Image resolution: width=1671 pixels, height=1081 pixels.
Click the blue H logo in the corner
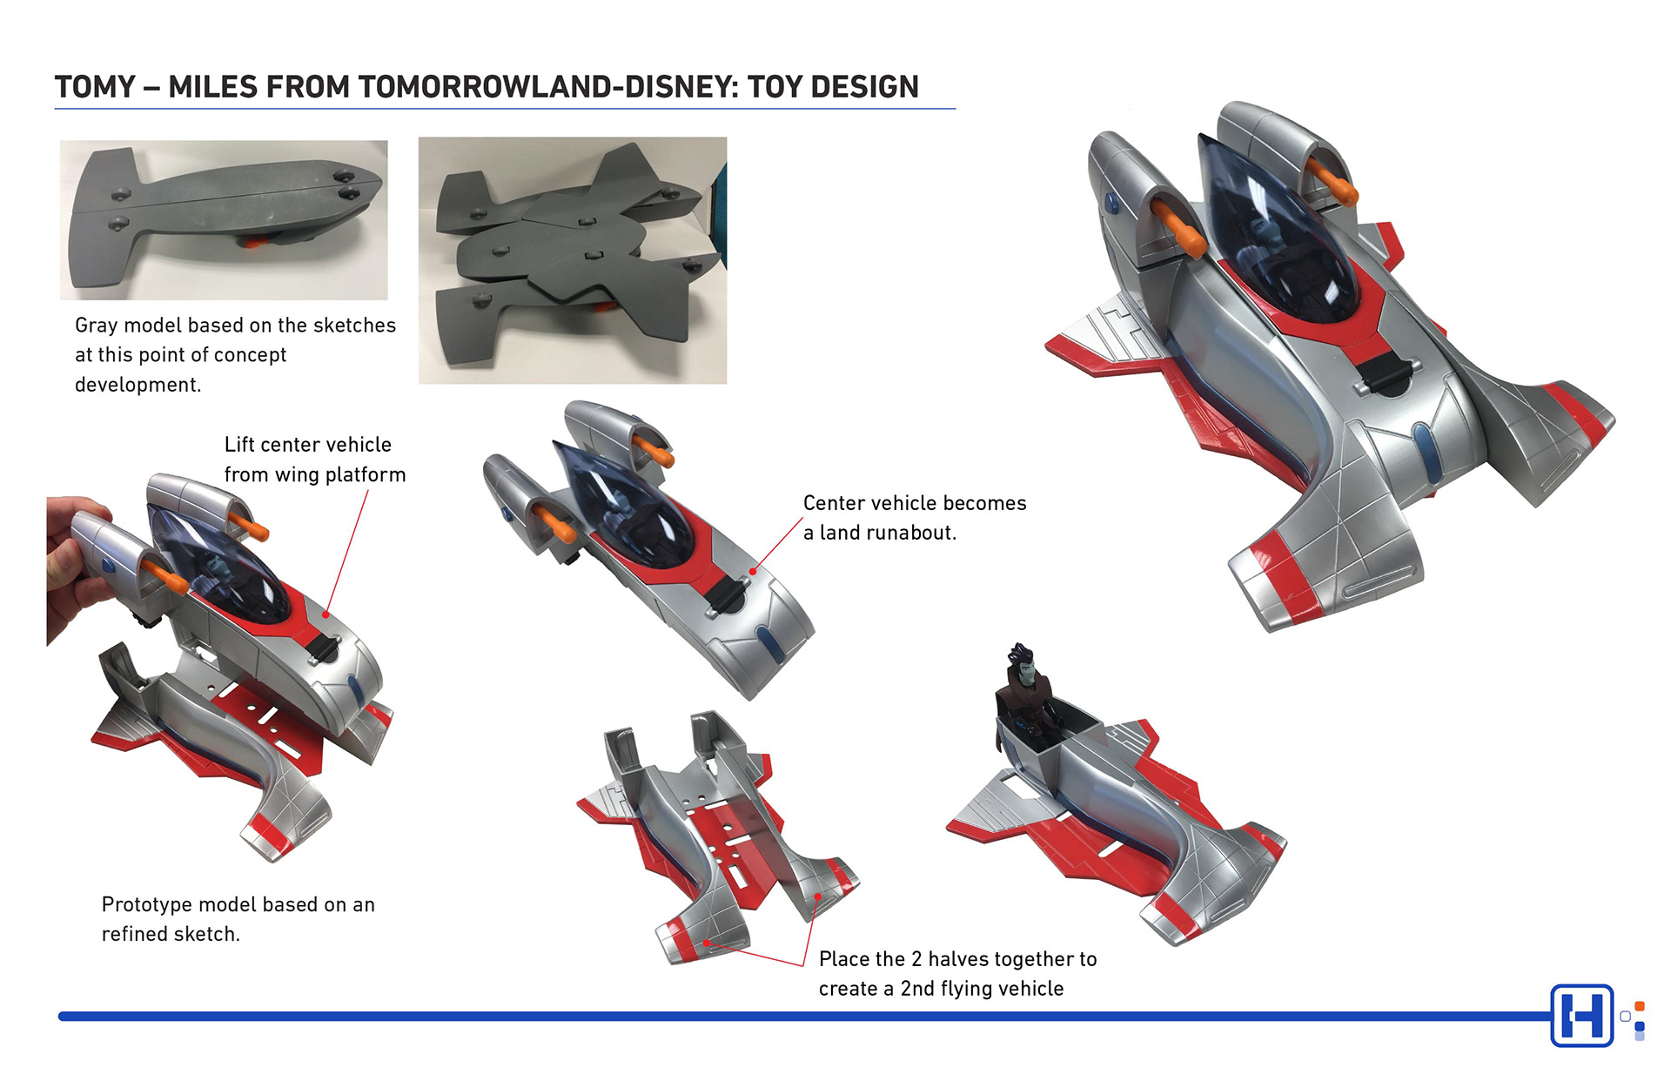tap(1581, 1016)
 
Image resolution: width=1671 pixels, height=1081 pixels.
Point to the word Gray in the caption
tap(96, 326)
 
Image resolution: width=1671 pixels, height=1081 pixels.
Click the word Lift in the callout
tap(239, 445)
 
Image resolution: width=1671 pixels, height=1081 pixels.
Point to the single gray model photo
tap(224, 219)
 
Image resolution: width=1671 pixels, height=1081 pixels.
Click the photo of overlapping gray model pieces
tap(572, 260)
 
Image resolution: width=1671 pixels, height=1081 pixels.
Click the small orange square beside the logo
tap(1640, 1007)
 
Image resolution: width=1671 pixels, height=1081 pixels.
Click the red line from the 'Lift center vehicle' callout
tap(348, 548)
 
